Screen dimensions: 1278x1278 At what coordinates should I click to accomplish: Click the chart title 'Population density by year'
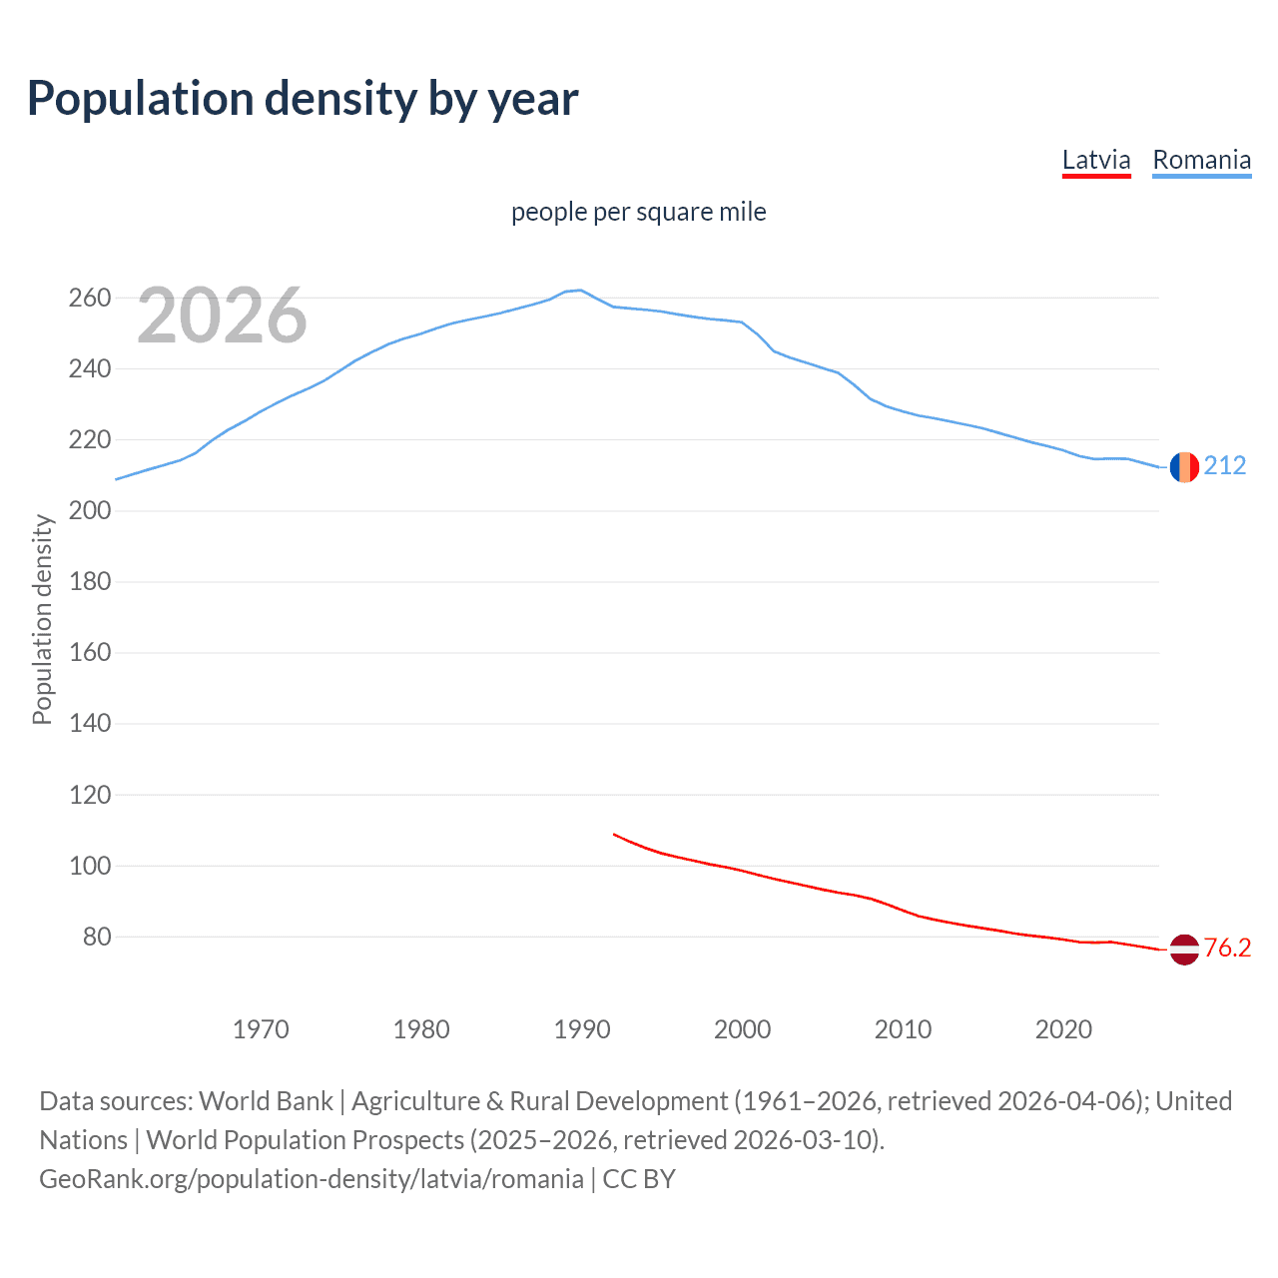pos(303,99)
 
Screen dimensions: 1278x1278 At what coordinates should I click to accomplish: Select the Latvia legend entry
pos(1095,160)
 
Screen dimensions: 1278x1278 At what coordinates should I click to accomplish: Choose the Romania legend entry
pos(1201,160)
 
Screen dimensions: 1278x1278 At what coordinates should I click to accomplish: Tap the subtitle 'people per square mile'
pos(638,212)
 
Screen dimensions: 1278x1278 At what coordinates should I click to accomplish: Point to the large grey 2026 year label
pos(222,316)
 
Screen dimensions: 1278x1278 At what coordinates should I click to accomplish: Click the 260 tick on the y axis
pos(89,298)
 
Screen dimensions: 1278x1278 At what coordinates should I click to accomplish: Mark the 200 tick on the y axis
pos(89,510)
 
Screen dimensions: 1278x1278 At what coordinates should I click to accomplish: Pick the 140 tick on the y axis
pos(89,723)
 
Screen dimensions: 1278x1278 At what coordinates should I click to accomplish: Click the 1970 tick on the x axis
pos(261,1029)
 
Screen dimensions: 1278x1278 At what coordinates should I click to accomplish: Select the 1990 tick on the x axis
pos(582,1029)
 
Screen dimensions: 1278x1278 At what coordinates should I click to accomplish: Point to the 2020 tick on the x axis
pos(1063,1029)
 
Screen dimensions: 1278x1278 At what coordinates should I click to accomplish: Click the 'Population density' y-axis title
pos(42,619)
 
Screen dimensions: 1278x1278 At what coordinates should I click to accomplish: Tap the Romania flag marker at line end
pos(1184,466)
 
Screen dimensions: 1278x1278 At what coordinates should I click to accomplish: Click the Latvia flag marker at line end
pos(1184,950)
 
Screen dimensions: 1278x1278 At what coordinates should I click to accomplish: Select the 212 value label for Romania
pos(1225,466)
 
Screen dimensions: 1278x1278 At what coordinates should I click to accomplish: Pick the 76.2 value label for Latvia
pos(1227,949)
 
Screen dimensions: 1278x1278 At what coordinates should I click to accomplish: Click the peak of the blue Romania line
pos(581,291)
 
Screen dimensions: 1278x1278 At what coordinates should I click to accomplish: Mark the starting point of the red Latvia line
pos(614,834)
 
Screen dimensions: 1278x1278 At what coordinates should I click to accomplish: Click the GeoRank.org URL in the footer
pos(312,1179)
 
